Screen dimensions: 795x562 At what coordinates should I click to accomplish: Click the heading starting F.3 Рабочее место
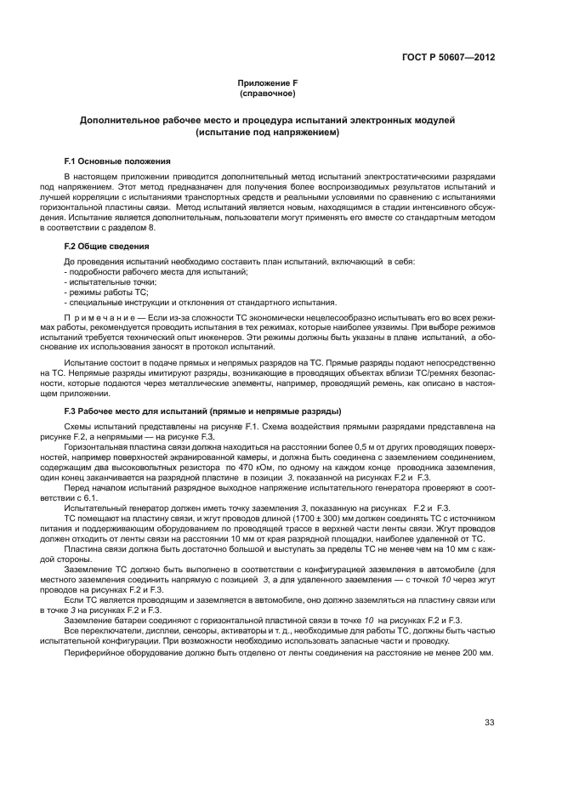tap(202, 412)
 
